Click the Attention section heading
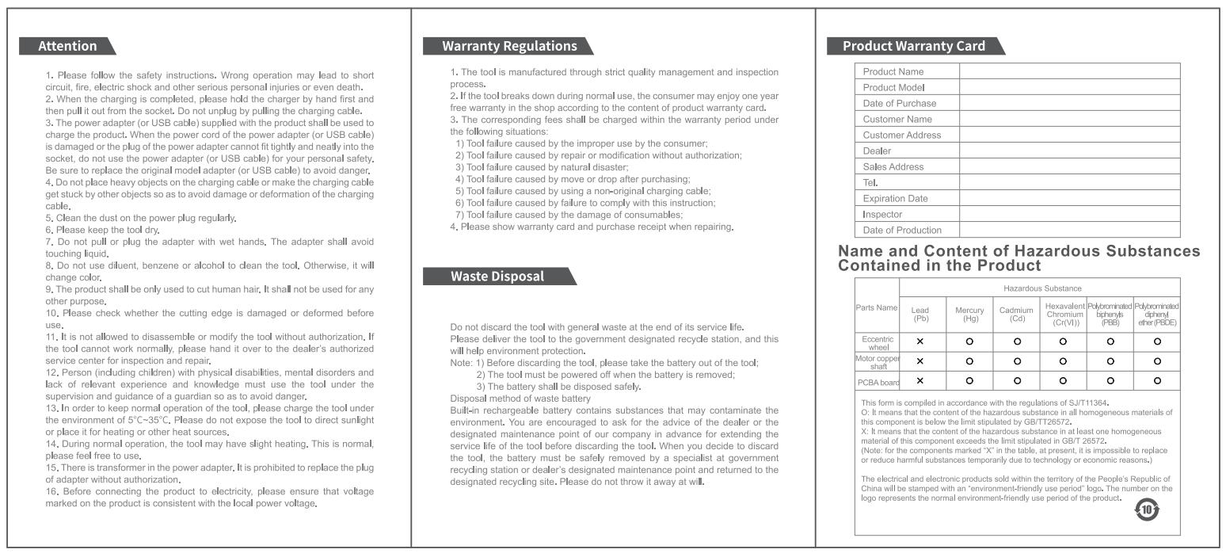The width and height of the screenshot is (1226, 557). pyautogui.click(x=68, y=46)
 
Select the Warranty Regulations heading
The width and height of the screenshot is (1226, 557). pyautogui.click(x=509, y=46)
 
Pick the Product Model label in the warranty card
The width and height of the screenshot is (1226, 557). pyautogui.click(x=893, y=87)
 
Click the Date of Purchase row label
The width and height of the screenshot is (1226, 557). pyautogui.click(x=899, y=103)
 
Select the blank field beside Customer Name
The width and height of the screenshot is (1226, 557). pyautogui.click(x=1069, y=119)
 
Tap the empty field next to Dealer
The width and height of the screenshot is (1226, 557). pyautogui.click(x=1069, y=151)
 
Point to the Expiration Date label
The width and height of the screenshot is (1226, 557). pyautogui.click(x=895, y=198)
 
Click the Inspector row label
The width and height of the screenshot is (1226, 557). pyautogui.click(x=882, y=214)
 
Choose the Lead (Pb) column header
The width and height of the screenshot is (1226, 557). pyautogui.click(x=920, y=315)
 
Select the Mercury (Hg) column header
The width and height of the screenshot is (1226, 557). pyautogui.click(x=969, y=315)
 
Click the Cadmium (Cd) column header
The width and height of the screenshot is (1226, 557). pyautogui.click(x=1017, y=315)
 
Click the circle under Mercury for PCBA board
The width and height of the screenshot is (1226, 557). pyautogui.click(x=969, y=381)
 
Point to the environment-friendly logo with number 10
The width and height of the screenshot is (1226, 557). pyautogui.click(x=1147, y=509)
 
